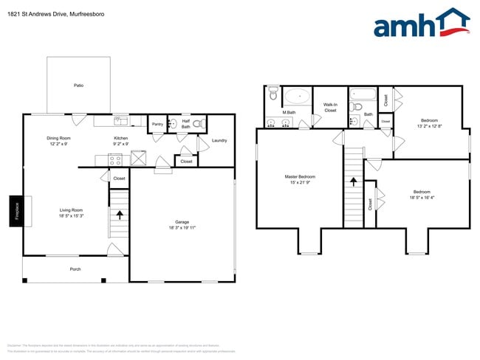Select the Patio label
[x=78, y=86]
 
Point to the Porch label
[x=75, y=269]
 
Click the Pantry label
[x=157, y=124]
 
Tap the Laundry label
[x=219, y=140]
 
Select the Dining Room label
[x=58, y=138]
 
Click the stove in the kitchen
[x=116, y=159]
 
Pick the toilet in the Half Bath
[x=197, y=125]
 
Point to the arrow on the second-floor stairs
[x=354, y=180]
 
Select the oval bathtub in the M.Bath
[x=298, y=96]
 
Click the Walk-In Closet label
[x=330, y=107]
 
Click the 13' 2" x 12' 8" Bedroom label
[x=430, y=123]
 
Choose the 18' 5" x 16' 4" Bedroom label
[x=422, y=194]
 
